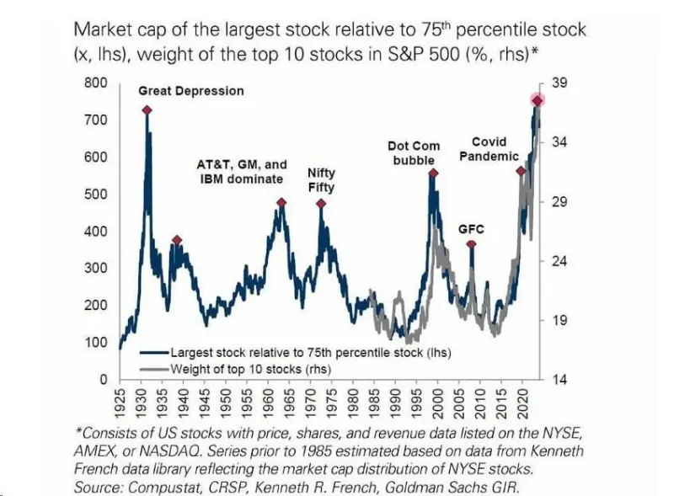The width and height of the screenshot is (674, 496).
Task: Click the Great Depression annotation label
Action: [x=190, y=90]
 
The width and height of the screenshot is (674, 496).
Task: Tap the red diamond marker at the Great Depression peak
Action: [x=147, y=110]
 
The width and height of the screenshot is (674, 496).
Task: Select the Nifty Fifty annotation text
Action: [x=320, y=180]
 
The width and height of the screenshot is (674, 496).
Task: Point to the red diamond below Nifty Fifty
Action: [x=321, y=203]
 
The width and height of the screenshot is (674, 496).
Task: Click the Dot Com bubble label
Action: [x=414, y=153]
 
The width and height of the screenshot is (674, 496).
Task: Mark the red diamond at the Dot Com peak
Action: [x=433, y=173]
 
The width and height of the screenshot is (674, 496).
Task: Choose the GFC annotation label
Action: [x=471, y=228]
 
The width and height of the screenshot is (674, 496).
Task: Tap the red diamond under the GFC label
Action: [x=471, y=245]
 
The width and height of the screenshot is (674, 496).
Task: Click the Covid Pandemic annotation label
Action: [x=489, y=149]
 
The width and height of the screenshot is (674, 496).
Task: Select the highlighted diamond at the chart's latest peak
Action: [x=537, y=101]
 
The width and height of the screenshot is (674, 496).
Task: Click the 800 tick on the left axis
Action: [x=95, y=83]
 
